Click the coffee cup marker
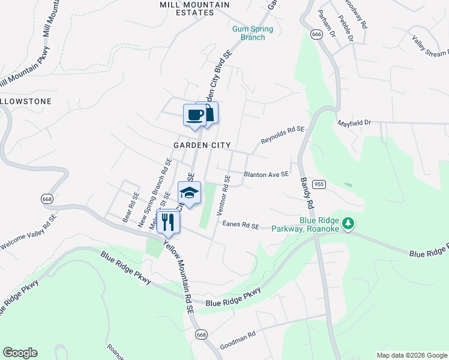pos(194,114)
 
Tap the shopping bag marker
pos(208,112)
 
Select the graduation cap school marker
pos(189,193)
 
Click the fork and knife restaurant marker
pos(168,222)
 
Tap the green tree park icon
pos(348,224)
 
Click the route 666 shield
pos(317,35)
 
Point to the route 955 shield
pos(319,184)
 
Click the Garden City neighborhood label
pos(202,145)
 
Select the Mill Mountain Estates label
pos(187,8)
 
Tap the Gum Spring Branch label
pos(253,33)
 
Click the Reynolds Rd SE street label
pos(282,135)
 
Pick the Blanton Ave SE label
pos(266,175)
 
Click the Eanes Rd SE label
pos(240,225)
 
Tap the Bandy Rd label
pos(307,193)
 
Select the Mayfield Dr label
pos(355,122)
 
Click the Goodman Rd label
pos(238,341)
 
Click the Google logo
pos(20,353)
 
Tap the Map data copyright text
pos(412,355)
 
